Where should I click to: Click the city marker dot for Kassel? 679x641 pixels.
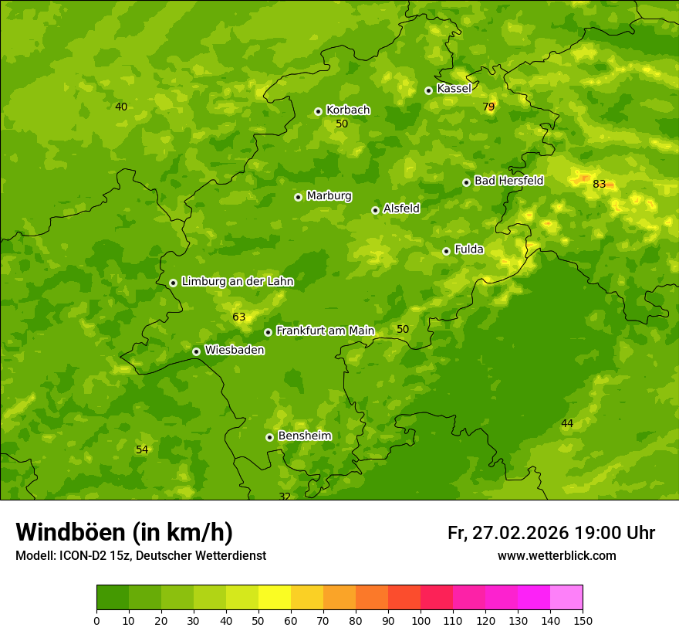point(428,90)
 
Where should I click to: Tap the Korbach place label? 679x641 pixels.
point(348,110)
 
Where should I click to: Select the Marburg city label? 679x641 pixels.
point(329,196)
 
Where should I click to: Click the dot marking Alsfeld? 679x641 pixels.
point(375,210)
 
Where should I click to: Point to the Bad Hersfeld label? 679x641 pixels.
point(508,181)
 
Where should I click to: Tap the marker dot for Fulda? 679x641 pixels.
point(446,251)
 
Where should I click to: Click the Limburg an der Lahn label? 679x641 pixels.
point(238,282)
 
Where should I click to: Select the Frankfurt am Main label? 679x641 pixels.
point(325,331)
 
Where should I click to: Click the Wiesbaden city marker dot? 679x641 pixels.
point(196,351)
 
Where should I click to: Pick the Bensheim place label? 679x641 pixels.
point(305,436)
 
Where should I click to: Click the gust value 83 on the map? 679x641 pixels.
point(600,185)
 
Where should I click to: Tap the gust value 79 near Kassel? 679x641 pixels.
point(488,107)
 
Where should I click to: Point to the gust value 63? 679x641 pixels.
point(239,317)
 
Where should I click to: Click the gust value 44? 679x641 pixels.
point(567,424)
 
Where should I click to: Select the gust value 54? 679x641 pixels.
point(142,450)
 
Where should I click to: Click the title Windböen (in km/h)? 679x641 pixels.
point(124,532)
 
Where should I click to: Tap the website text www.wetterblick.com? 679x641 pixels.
point(556,556)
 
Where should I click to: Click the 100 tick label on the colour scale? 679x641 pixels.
point(421,620)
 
